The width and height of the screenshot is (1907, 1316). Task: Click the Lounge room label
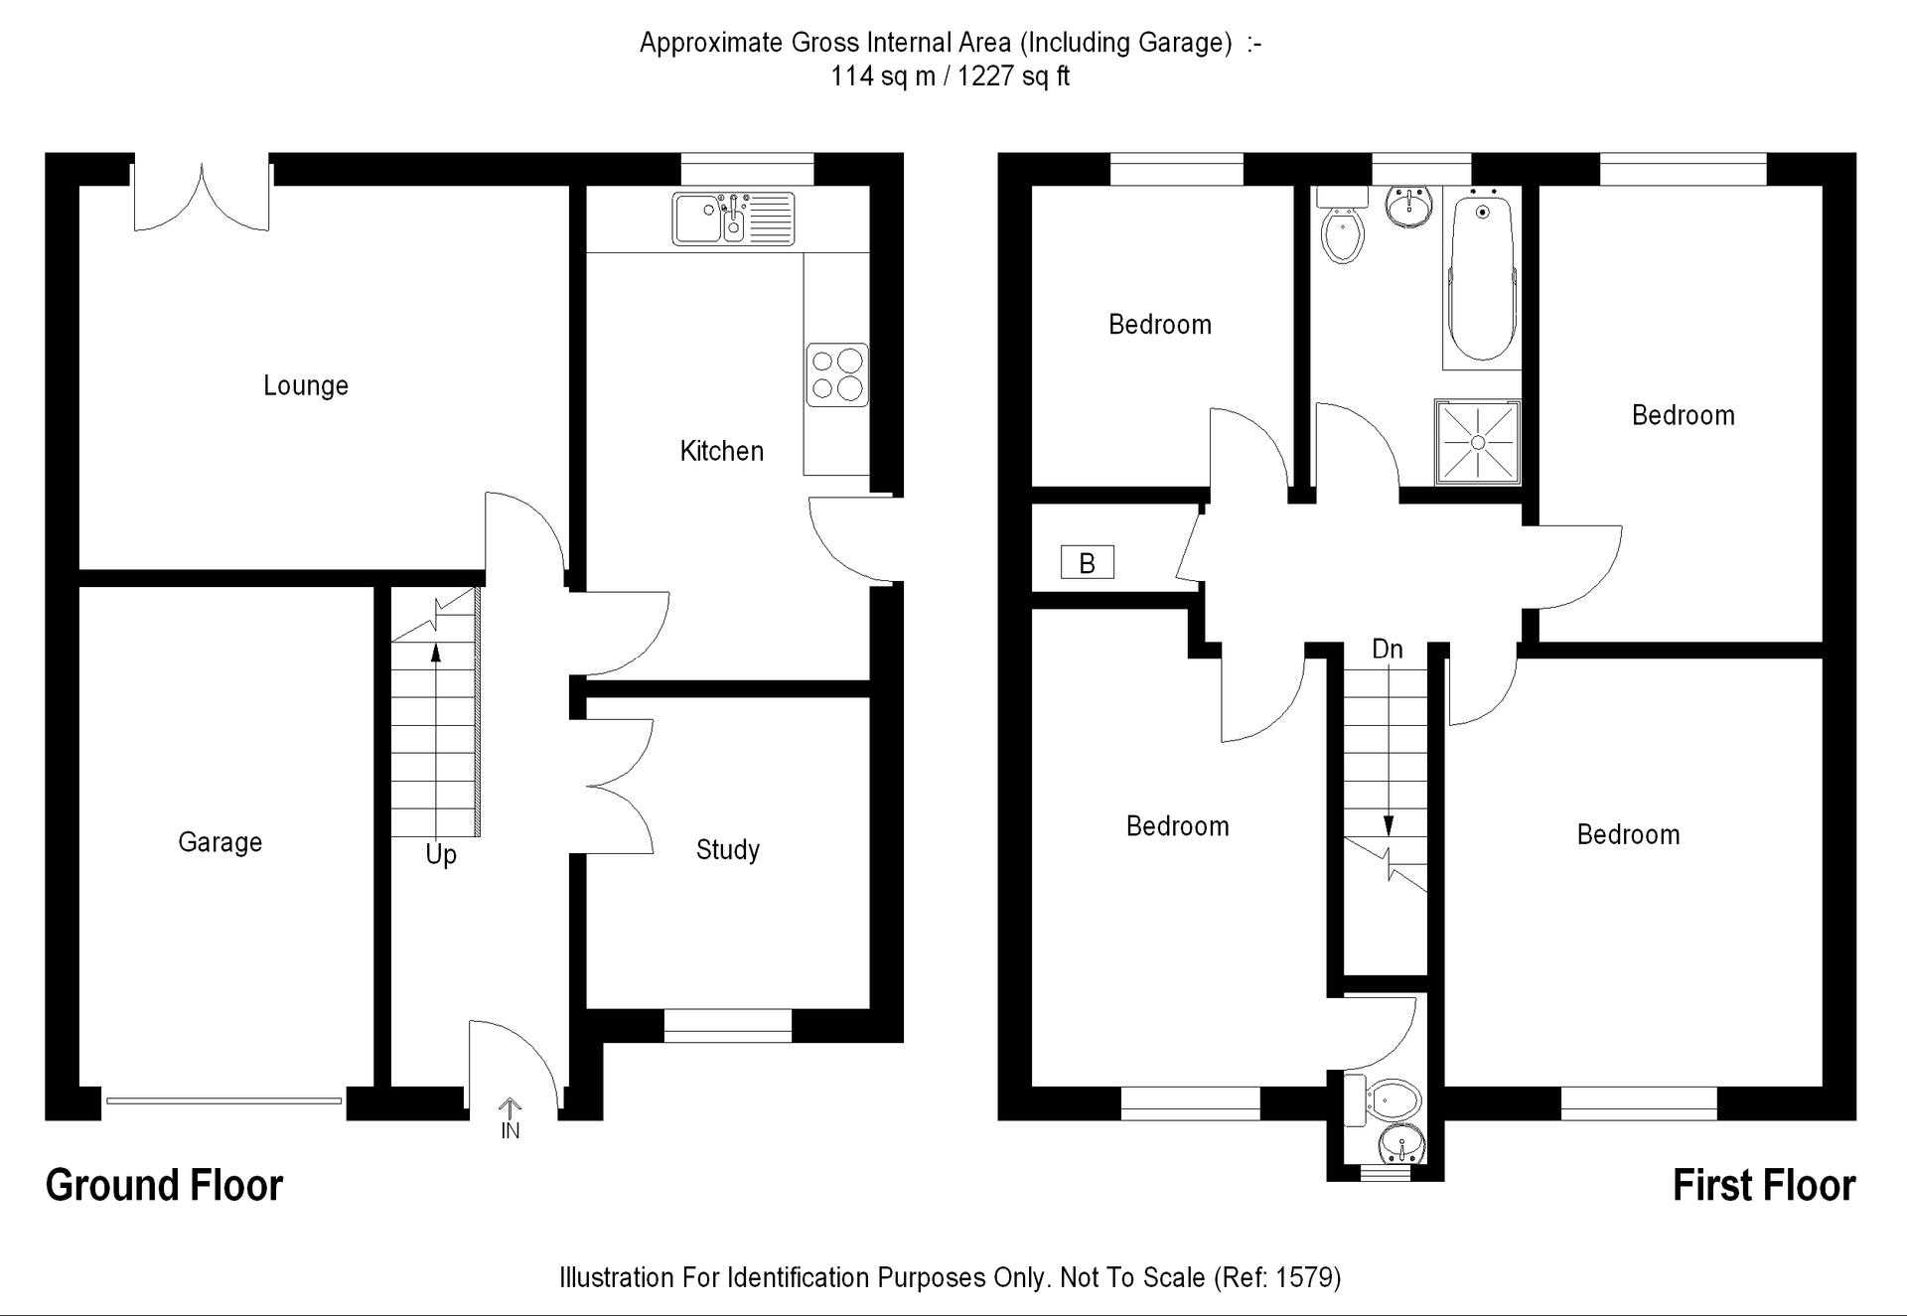pyautogui.click(x=306, y=385)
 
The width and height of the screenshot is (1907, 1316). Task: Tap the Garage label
pyautogui.click(x=220, y=842)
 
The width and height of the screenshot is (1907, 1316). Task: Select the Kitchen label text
pyautogui.click(x=722, y=451)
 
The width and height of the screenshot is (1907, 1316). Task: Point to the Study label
pyautogui.click(x=728, y=850)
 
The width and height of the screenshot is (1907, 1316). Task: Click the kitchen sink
pyautogui.click(x=734, y=219)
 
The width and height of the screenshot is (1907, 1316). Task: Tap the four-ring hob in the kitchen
pyautogui.click(x=837, y=374)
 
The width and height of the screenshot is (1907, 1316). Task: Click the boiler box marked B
pyautogui.click(x=1088, y=563)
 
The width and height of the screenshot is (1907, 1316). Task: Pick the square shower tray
pyautogui.click(x=1478, y=442)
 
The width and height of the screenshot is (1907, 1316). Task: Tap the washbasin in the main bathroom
pyautogui.click(x=1408, y=207)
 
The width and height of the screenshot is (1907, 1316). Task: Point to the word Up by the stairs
pyautogui.click(x=441, y=854)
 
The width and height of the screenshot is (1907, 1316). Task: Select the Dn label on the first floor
pyautogui.click(x=1388, y=650)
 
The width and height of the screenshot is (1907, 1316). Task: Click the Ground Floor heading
pyautogui.click(x=165, y=1186)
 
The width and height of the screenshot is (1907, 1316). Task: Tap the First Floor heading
pyautogui.click(x=1764, y=1186)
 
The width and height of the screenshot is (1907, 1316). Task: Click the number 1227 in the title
pyautogui.click(x=986, y=76)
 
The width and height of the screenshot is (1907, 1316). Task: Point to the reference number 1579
pyautogui.click(x=1309, y=1277)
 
